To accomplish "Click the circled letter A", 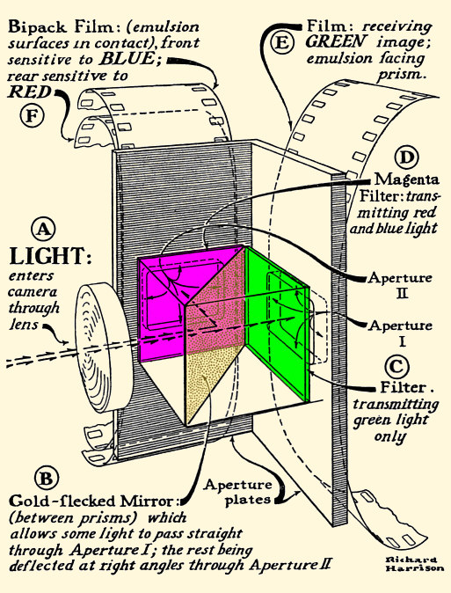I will point(42,231).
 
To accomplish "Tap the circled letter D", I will point(406,158).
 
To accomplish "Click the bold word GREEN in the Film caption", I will point(333,41).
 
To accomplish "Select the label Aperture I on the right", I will point(400,332).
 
